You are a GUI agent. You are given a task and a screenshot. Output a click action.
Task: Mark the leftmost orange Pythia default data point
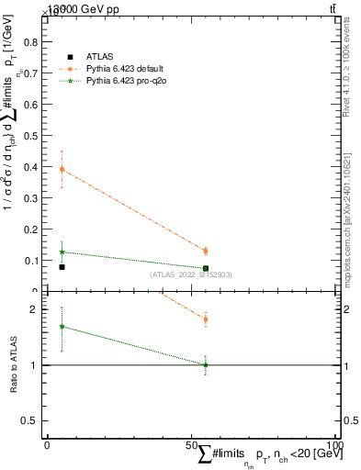[x=62, y=170]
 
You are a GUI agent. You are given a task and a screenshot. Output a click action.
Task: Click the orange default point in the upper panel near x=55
[x=206, y=251]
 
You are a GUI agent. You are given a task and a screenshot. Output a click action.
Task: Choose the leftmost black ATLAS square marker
[x=62, y=267]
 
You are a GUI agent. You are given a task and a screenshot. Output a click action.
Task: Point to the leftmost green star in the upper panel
[x=62, y=252]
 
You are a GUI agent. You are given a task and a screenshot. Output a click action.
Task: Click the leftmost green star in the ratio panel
[x=62, y=326]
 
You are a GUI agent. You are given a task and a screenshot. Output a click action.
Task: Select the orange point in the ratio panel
[x=206, y=319]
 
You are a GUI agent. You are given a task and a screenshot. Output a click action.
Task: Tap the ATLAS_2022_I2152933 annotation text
[x=191, y=274]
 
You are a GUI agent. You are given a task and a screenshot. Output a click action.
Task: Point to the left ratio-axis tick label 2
[x=36, y=310]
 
